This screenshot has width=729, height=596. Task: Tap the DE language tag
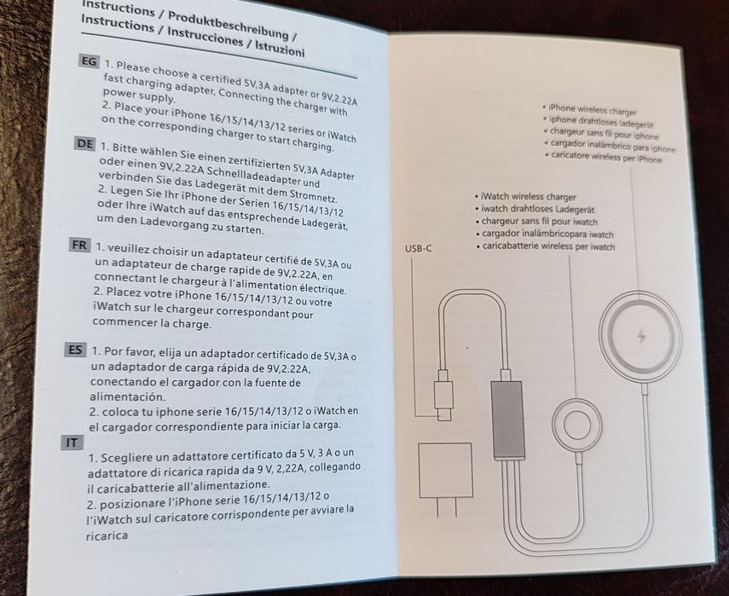[84, 143]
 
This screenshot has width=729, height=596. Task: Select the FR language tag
[79, 246]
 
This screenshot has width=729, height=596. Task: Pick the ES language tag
[74, 349]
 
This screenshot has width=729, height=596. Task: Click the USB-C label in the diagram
[418, 248]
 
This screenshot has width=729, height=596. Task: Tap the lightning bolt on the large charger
[641, 336]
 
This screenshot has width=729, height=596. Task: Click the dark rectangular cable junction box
[508, 420]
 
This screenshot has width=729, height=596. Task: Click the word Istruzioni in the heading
[278, 50]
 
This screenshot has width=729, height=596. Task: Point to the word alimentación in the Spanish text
[124, 396]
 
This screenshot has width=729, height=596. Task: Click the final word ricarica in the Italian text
[107, 536]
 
